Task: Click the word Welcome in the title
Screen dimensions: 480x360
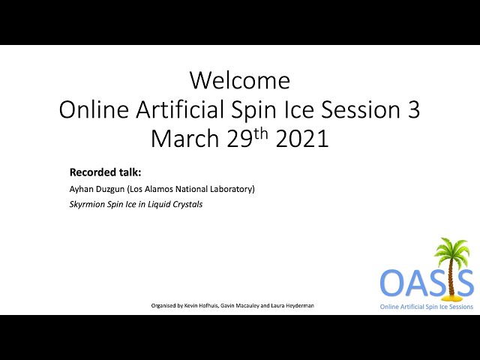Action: [240, 80]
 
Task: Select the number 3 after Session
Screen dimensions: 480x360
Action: [413, 109]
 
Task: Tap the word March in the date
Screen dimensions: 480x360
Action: [184, 138]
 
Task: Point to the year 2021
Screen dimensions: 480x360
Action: [302, 138]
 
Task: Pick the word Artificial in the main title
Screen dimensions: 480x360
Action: [180, 109]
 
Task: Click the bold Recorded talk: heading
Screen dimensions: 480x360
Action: [105, 172]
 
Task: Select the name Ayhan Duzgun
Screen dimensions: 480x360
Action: [97, 189]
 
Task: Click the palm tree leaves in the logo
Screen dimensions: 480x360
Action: [451, 250]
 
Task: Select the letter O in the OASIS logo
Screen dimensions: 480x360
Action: [392, 282]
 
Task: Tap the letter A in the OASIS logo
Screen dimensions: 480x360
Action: [417, 282]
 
